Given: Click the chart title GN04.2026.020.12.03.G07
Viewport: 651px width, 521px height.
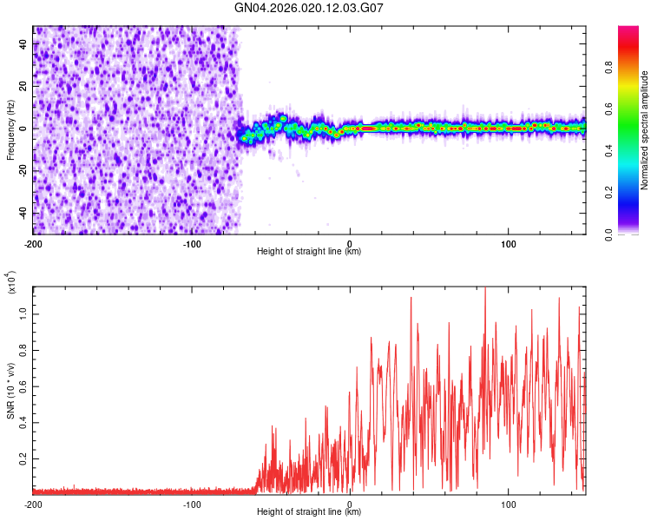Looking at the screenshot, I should pyautogui.click(x=309, y=9).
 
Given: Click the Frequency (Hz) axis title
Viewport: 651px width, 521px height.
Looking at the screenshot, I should pyautogui.click(x=11, y=130).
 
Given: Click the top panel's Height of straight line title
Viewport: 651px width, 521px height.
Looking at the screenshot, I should pyautogui.click(x=309, y=252).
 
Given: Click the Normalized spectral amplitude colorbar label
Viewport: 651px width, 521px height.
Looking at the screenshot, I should pyautogui.click(x=645, y=130).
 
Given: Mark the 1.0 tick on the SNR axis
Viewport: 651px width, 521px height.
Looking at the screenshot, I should pyautogui.click(x=24, y=313).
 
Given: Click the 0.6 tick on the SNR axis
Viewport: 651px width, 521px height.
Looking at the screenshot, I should pyautogui.click(x=24, y=386).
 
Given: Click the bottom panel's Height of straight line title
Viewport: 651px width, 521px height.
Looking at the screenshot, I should pyautogui.click(x=309, y=512).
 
